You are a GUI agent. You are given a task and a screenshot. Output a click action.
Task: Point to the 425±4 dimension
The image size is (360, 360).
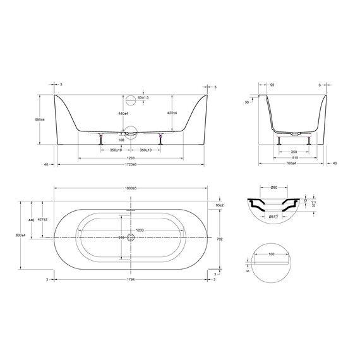172,113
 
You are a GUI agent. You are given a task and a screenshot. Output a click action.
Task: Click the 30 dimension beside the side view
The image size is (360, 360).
248,102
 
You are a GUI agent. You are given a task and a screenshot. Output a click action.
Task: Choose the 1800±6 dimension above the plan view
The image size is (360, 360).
131,189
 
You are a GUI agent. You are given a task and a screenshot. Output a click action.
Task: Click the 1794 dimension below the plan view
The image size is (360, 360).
131,279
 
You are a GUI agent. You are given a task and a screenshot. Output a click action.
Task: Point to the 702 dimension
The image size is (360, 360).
220,239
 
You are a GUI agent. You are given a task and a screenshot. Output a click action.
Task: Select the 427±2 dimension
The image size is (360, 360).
43,219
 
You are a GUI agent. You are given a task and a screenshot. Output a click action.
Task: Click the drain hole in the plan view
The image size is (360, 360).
131,237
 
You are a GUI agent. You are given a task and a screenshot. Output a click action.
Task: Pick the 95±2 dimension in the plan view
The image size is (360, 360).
220,206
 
